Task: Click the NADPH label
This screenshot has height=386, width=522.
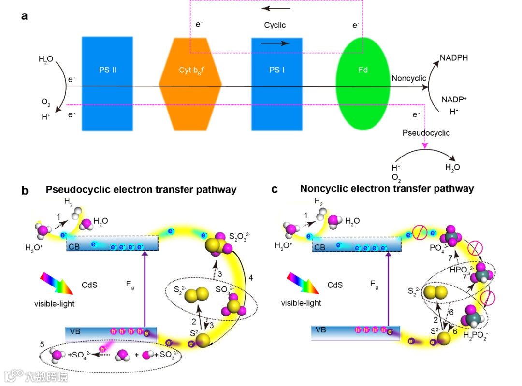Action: click(454, 58)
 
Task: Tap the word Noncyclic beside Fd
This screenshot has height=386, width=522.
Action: click(409, 78)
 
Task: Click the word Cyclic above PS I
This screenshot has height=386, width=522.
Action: click(275, 25)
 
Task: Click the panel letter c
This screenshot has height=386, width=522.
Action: click(275, 189)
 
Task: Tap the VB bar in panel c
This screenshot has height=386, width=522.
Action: click(356, 332)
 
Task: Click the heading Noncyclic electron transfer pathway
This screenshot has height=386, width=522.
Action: click(387, 189)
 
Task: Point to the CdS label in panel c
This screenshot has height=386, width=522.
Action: click(335, 285)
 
